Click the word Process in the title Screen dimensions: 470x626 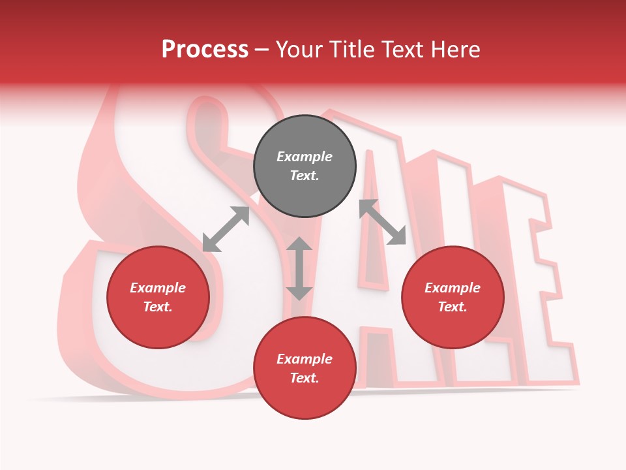[205, 50]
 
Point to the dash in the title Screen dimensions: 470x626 [262, 51]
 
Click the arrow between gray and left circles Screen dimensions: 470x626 [226, 229]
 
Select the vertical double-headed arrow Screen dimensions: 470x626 [299, 269]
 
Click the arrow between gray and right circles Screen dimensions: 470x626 [383, 222]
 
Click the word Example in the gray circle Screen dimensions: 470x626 [305, 157]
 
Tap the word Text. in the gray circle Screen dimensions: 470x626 [305, 176]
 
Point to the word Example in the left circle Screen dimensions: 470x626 [158, 288]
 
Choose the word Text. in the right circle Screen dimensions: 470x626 [453, 307]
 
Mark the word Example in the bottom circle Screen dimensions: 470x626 [305, 359]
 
